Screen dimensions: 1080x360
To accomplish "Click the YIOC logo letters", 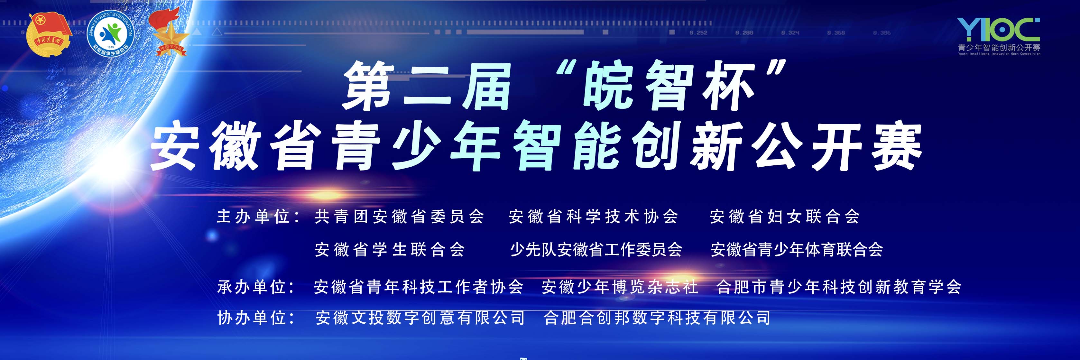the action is (998, 29).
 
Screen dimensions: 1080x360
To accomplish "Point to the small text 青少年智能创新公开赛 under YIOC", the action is (999, 48).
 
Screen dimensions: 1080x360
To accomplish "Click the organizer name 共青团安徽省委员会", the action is (399, 217).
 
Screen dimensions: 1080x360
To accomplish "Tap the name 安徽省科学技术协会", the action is (593, 217).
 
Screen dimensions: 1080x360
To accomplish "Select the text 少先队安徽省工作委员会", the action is (596, 250).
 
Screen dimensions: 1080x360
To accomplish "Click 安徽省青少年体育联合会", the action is (797, 250).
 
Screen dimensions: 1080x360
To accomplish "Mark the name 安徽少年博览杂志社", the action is (620, 287).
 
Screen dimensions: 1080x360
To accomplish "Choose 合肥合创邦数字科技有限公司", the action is (657, 318).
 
